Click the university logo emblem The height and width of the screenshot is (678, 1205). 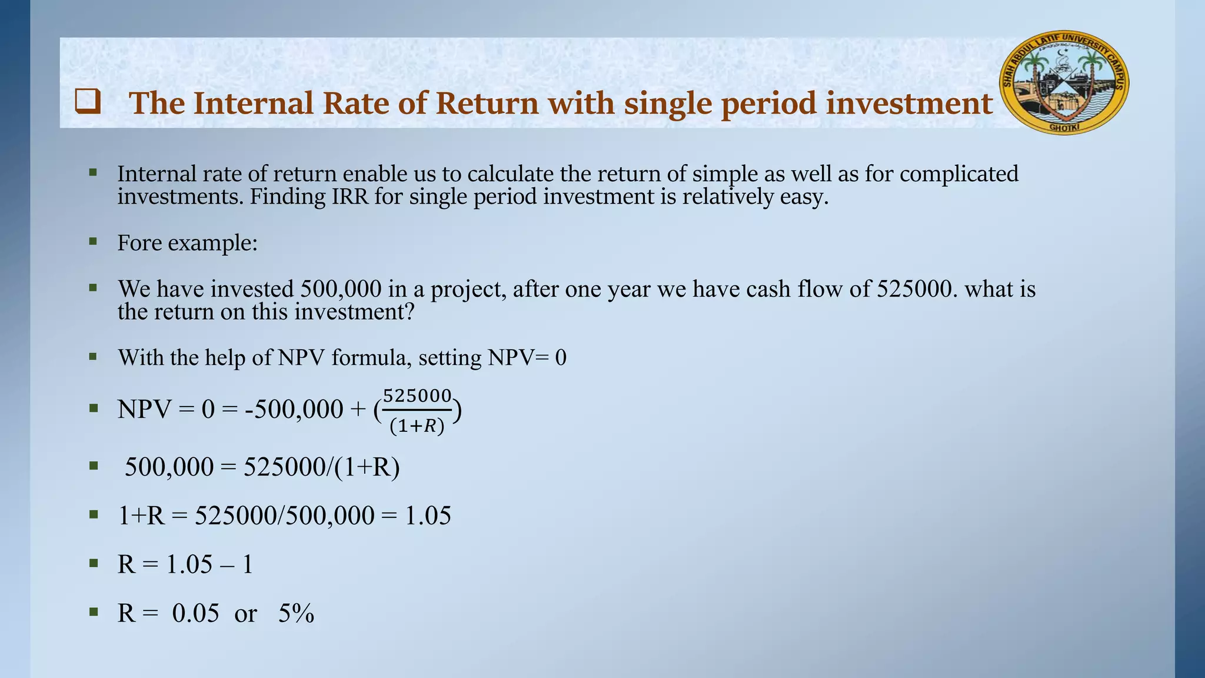pos(1064,82)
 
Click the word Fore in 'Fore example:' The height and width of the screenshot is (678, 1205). pos(139,242)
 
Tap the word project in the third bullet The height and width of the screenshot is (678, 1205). pos(468,290)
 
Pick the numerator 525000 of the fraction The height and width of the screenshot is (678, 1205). pos(417,395)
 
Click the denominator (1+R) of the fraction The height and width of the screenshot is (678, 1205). pos(417,426)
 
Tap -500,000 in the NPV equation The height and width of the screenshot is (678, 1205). pos(294,409)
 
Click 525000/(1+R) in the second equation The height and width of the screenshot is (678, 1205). pos(322,467)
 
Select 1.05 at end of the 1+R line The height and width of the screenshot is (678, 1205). pos(428,516)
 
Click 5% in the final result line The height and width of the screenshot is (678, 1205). pos(296,614)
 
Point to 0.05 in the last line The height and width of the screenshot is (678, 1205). pos(195,614)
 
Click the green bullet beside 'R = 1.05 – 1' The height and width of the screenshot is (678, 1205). pos(93,563)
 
